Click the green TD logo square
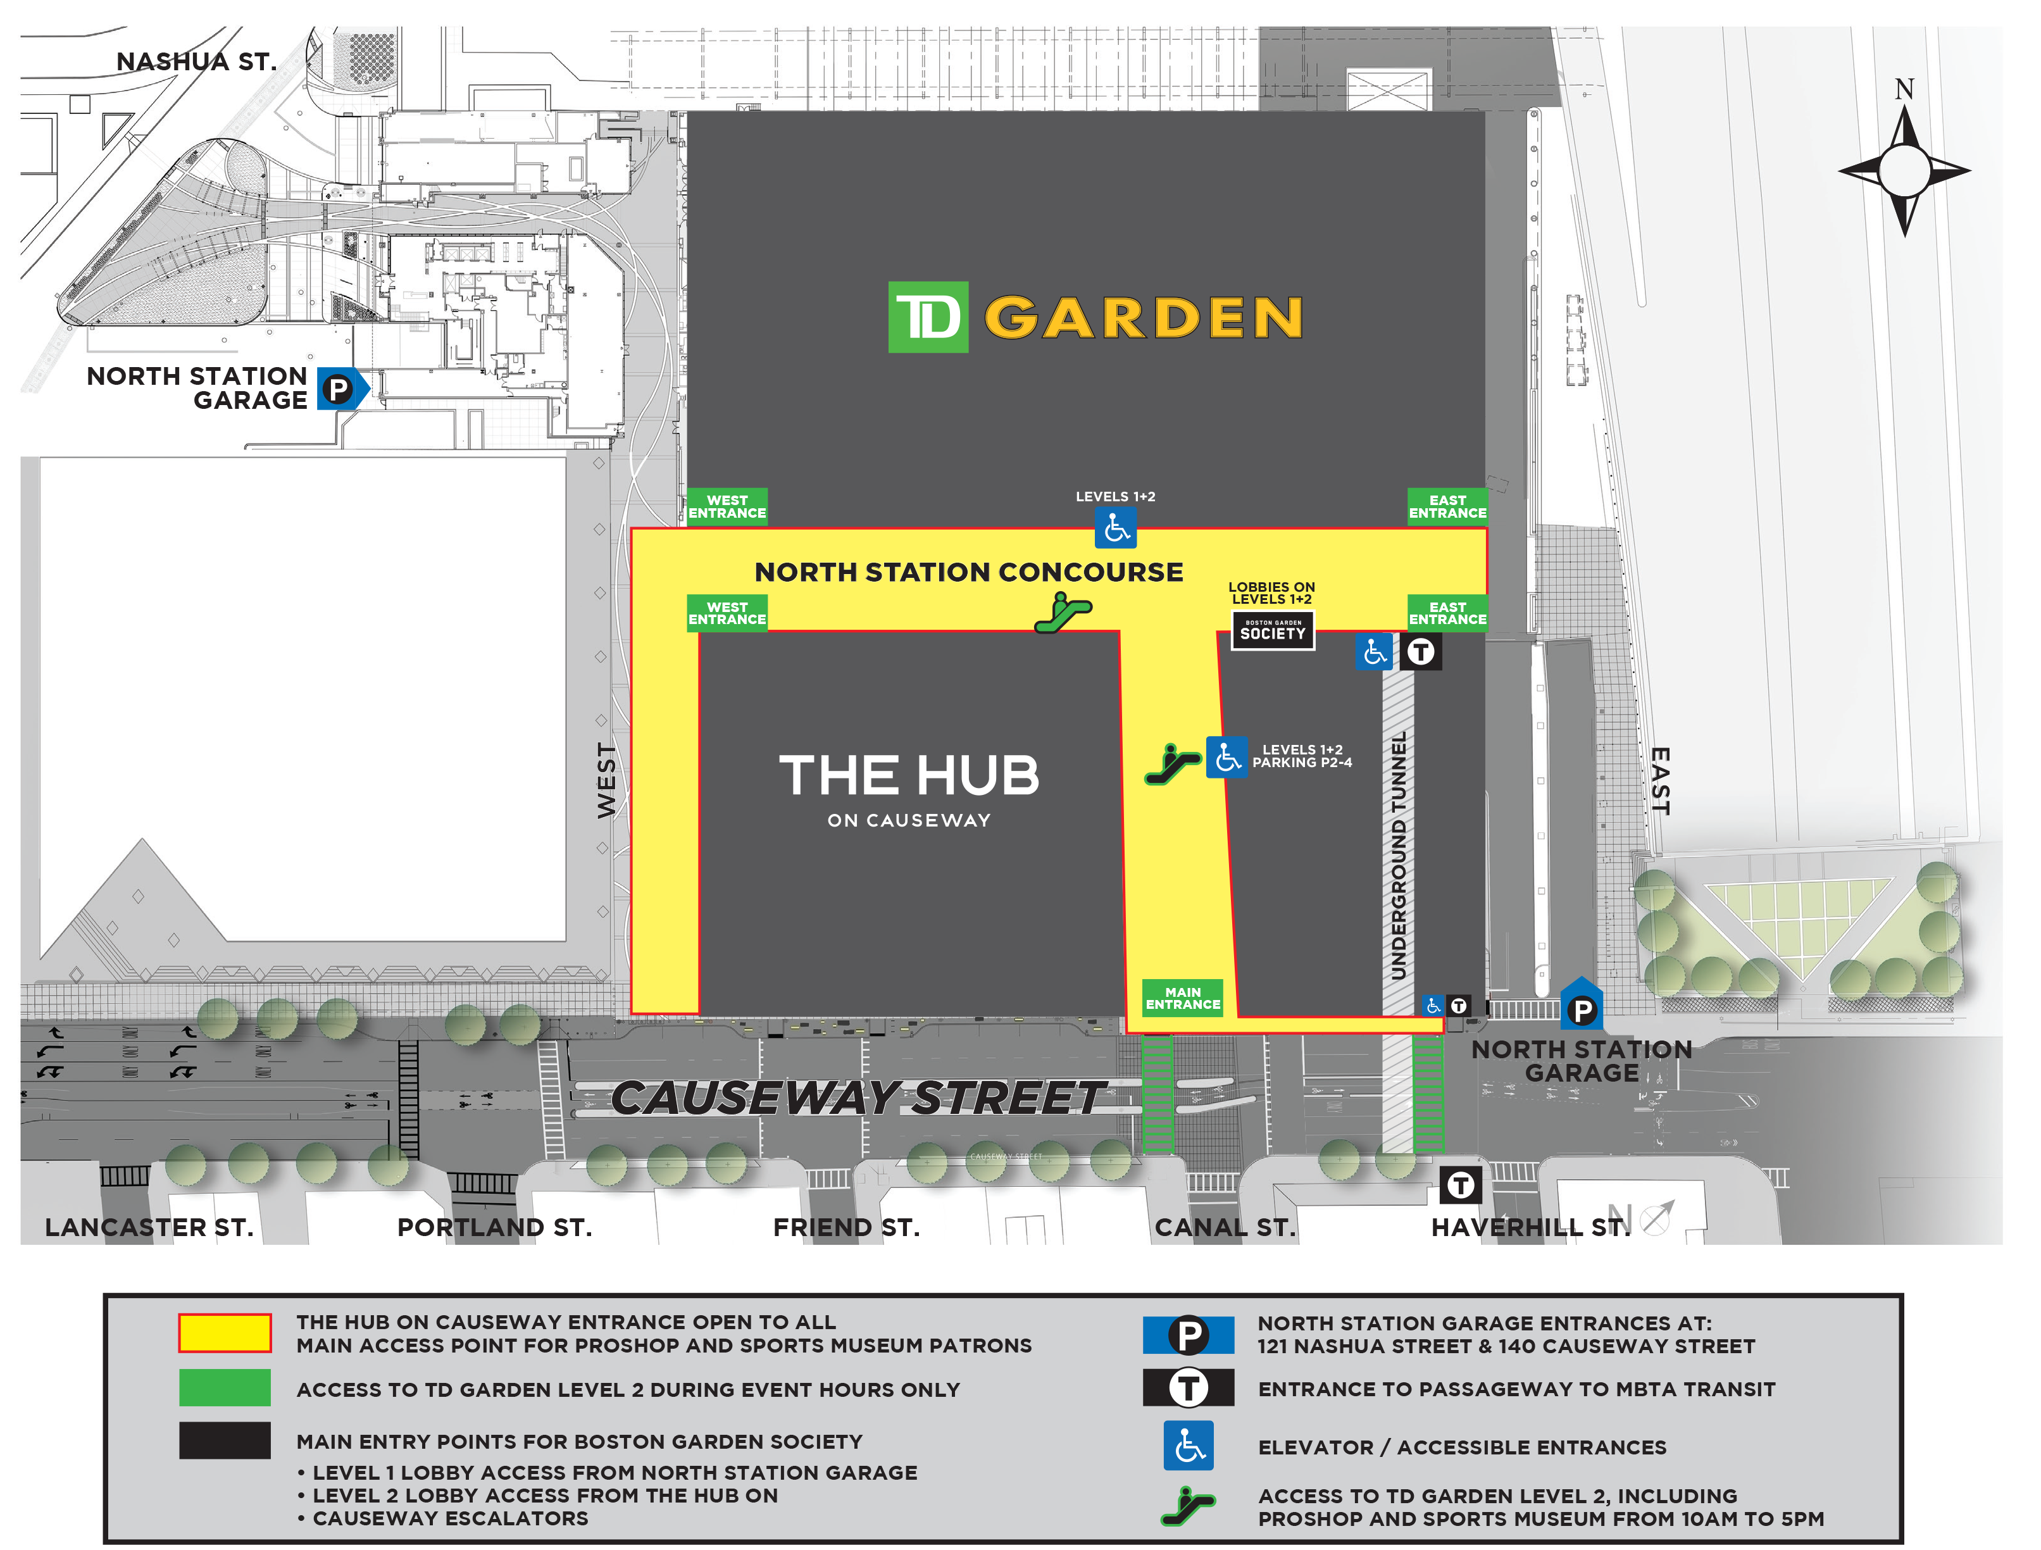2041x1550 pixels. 927,317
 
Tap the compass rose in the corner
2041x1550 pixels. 1904,171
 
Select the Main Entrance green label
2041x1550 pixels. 1182,998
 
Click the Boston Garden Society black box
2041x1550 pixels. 1273,631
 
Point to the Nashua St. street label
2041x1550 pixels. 196,62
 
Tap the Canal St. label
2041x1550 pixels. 1225,1227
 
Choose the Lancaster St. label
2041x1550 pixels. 149,1227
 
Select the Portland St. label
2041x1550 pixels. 494,1227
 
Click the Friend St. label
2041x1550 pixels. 846,1227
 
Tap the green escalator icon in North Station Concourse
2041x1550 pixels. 1063,611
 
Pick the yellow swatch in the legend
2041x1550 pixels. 224,1333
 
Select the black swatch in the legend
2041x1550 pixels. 224,1441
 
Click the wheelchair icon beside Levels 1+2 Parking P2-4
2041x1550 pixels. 1226,758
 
